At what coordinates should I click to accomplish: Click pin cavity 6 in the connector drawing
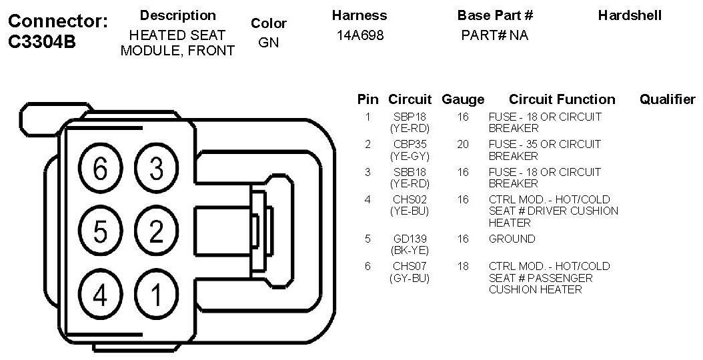point(100,169)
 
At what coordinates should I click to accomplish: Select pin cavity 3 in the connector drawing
point(156,169)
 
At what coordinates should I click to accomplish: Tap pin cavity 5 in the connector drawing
point(100,232)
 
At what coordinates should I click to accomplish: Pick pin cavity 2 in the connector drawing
point(156,232)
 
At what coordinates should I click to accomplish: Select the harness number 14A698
point(360,36)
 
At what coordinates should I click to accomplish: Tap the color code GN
point(268,43)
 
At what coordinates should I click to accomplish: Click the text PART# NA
point(494,36)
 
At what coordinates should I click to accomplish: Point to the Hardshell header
point(630,15)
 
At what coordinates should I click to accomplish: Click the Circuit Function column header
point(562,99)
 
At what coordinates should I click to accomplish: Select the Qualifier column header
point(667,99)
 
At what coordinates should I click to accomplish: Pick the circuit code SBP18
point(410,117)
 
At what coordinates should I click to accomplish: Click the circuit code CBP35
point(410,144)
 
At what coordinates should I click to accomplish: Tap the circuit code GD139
point(410,239)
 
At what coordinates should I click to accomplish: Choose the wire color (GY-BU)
point(410,278)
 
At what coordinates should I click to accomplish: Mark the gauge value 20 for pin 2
point(463,144)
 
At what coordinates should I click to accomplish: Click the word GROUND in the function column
point(512,239)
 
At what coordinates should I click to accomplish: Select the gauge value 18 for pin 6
point(463,266)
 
